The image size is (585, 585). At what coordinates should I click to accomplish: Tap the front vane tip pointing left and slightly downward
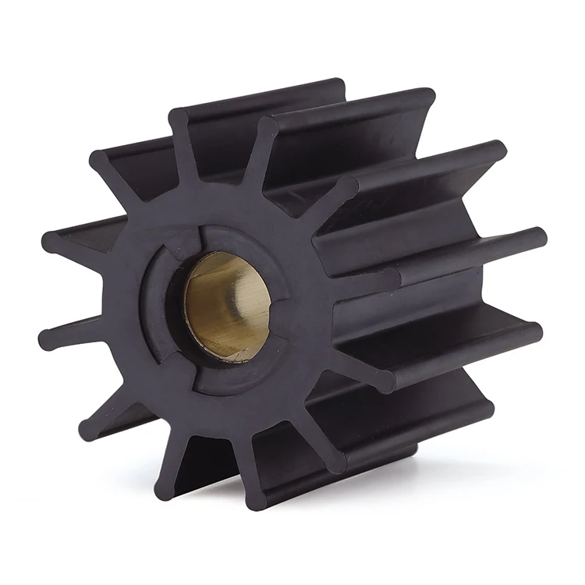(48, 339)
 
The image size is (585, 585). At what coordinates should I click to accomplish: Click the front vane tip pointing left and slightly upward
(51, 242)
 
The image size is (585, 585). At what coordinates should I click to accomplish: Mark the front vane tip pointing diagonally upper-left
(100, 161)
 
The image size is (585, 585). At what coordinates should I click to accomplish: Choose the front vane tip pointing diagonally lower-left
(87, 430)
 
